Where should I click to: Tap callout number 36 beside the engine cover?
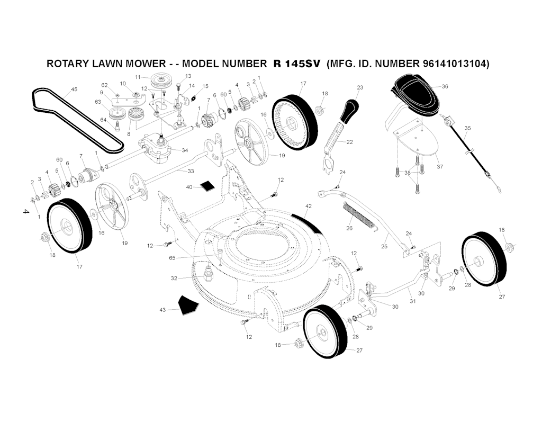445,86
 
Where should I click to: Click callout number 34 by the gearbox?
185,150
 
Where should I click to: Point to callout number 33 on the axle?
190,171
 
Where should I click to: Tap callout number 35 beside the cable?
467,128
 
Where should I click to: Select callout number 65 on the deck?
172,258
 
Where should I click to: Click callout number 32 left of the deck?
174,278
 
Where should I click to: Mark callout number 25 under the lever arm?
384,247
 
